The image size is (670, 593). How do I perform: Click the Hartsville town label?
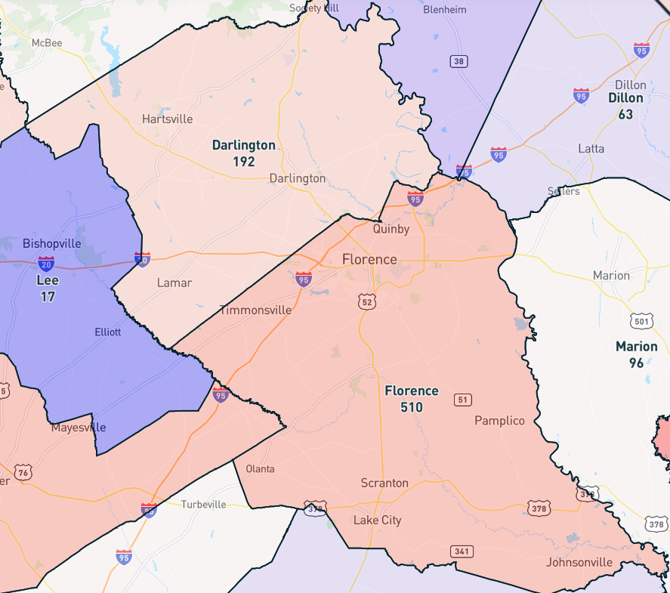tap(167, 119)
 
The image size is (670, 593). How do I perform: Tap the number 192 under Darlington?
tap(243, 162)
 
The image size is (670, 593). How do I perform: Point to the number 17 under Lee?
tap(48, 296)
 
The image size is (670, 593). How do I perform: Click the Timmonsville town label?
tap(255, 310)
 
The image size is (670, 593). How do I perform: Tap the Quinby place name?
tap(391, 228)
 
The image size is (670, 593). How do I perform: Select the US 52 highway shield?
tap(367, 301)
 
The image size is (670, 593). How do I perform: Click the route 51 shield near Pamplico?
tap(463, 399)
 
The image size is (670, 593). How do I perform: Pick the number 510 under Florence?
tap(411, 407)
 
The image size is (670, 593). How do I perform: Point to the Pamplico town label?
tap(499, 420)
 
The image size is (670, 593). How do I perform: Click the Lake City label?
tap(378, 520)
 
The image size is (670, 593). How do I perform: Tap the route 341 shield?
tap(462, 551)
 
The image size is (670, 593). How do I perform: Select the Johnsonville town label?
tap(579, 562)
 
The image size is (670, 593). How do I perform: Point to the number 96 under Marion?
tap(636, 363)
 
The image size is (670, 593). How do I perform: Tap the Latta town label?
tap(591, 148)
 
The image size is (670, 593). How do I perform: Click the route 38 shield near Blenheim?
tap(458, 60)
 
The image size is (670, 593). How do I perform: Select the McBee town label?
tap(46, 42)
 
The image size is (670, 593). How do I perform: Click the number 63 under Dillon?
tap(625, 115)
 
